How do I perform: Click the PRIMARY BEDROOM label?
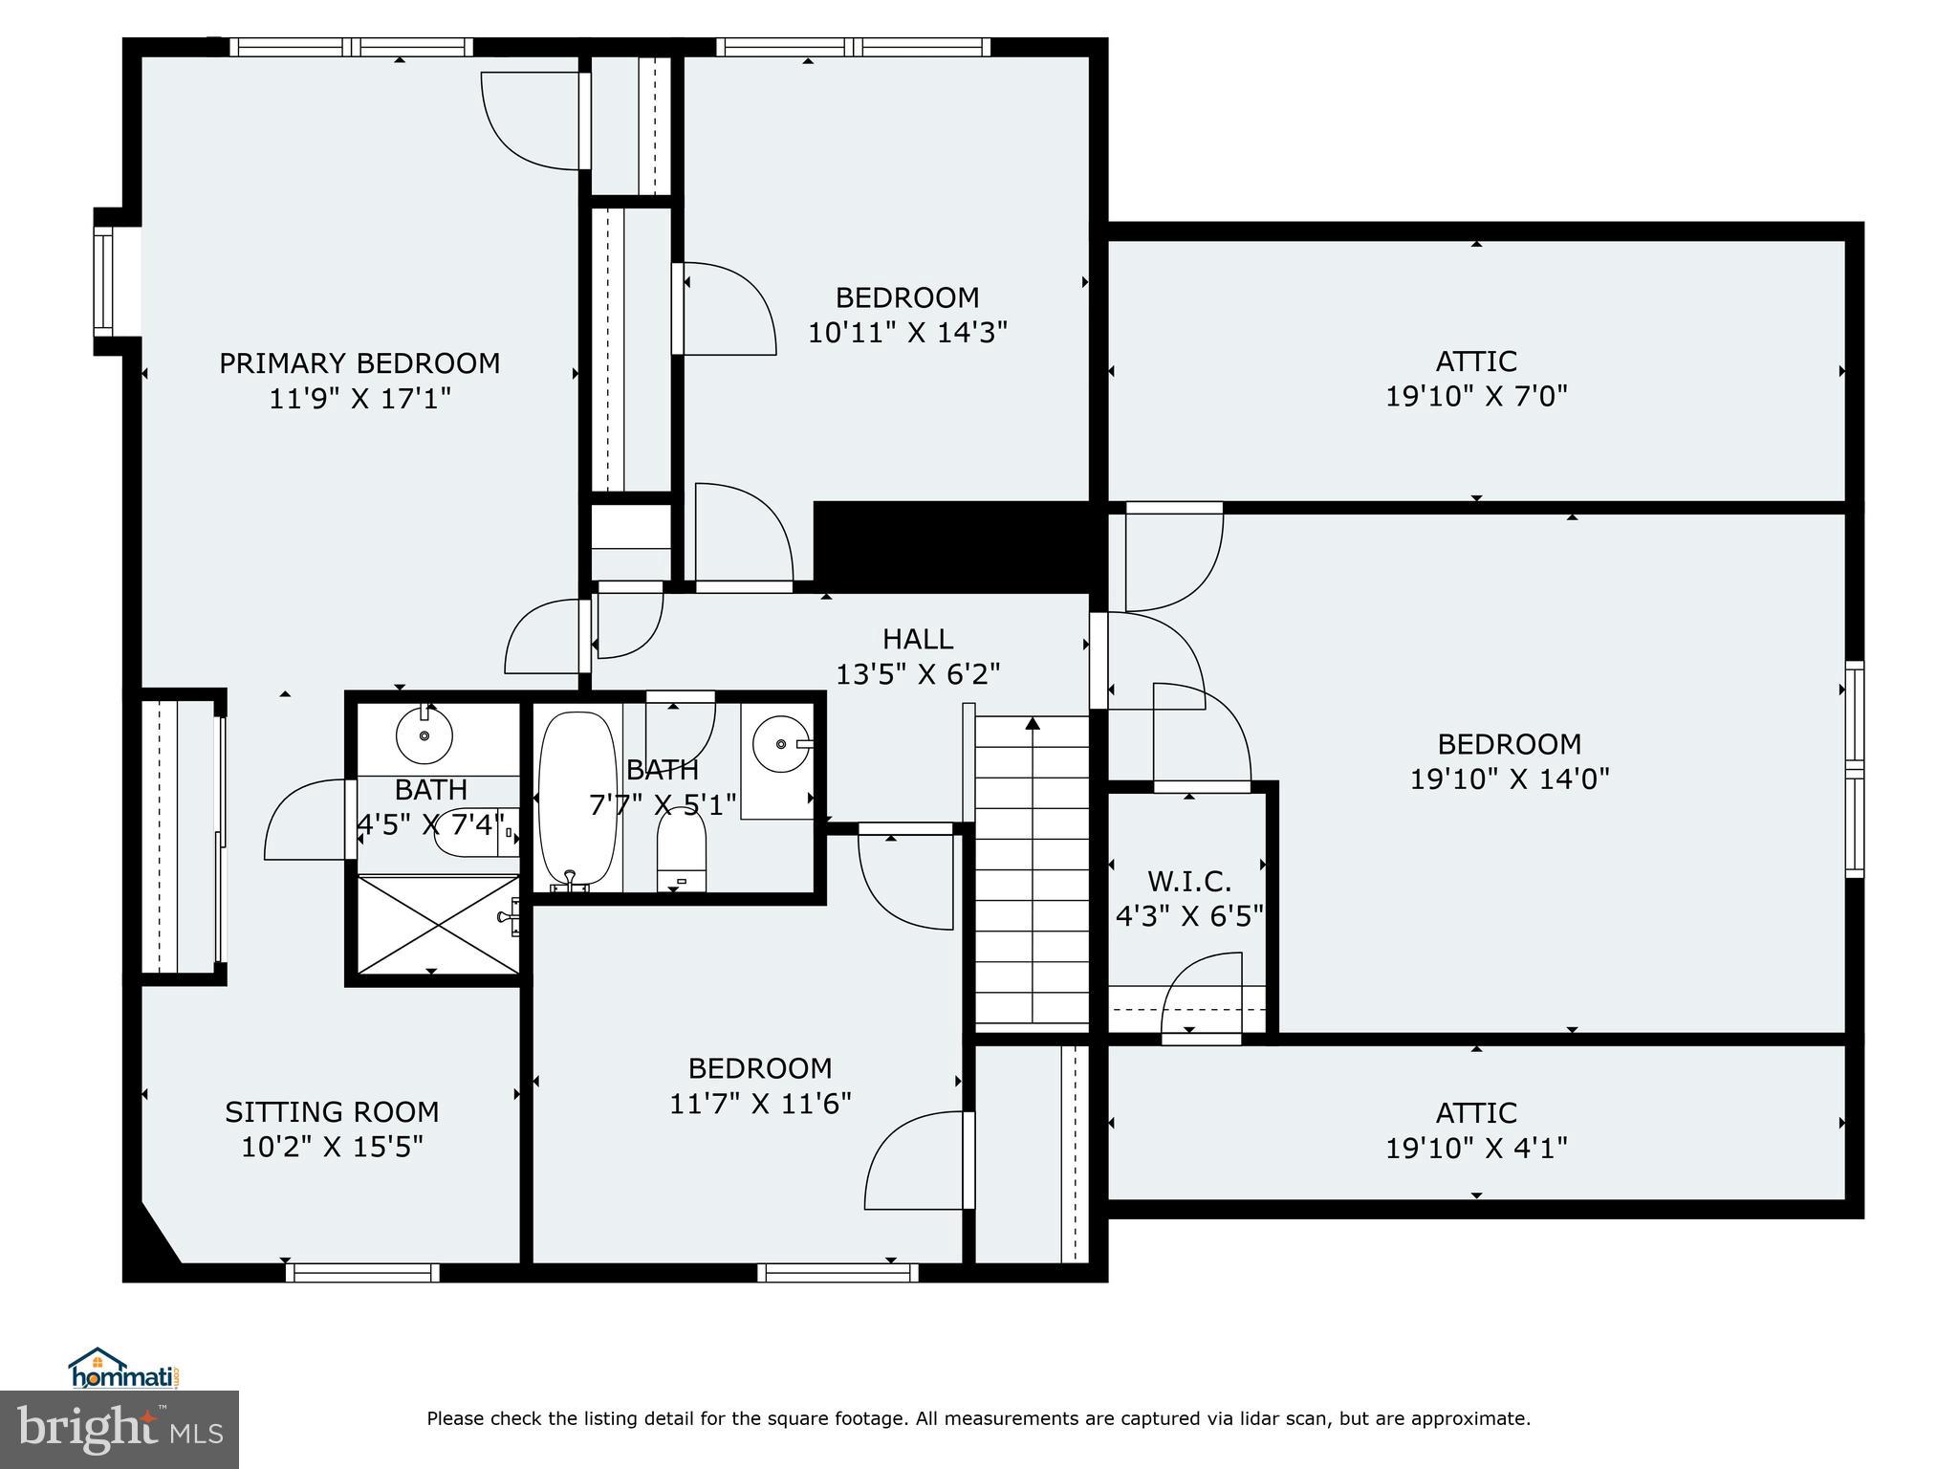[359, 363]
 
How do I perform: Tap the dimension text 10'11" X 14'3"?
[907, 333]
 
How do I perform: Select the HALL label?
[917, 639]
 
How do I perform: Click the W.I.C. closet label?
[1188, 881]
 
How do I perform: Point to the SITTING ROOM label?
[332, 1111]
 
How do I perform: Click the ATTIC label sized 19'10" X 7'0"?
[1475, 362]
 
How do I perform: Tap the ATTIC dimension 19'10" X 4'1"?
[1475, 1148]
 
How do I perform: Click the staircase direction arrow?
[1033, 724]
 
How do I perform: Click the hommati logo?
[122, 1369]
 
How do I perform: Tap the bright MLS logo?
[120, 1429]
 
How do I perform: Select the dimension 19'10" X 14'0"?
[1509, 778]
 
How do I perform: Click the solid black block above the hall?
[951, 546]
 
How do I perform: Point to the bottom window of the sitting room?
[362, 1272]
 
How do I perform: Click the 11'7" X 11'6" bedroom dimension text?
[759, 1104]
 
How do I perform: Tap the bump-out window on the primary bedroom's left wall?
[102, 281]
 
